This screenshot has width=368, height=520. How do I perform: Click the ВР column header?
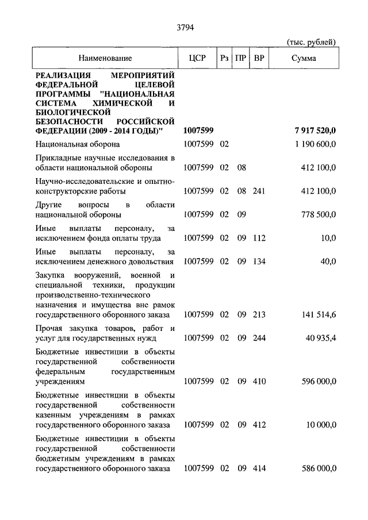(x=259, y=58)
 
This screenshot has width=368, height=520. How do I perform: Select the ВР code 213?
(x=259, y=314)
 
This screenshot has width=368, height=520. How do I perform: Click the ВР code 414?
(x=259, y=469)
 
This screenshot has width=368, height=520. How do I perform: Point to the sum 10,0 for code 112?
(x=328, y=238)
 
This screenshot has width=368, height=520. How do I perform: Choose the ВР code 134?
(x=259, y=261)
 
